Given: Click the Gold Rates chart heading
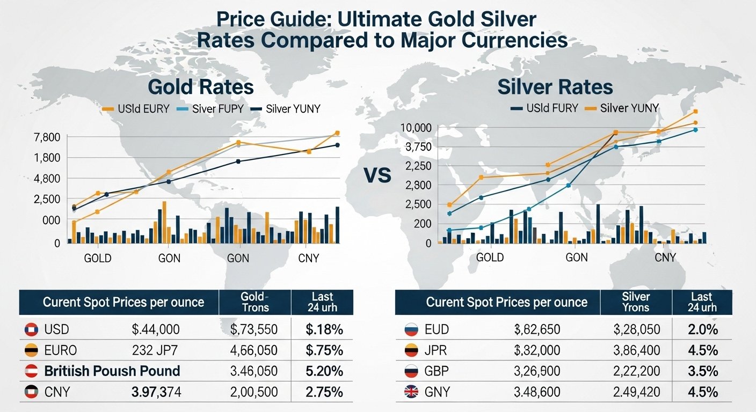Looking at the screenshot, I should tap(200, 87).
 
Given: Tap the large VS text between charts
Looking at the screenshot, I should tap(377, 175).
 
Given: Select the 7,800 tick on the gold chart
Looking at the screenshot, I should tap(47, 137).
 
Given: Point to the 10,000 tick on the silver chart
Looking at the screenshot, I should tap(416, 128).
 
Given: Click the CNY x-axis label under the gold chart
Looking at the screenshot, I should tap(308, 259).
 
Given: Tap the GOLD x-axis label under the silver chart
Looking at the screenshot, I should tap(490, 257).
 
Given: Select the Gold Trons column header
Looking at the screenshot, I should tap(255, 302).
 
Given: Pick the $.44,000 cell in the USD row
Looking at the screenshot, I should tap(156, 329).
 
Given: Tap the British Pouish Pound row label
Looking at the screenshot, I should tap(112, 371).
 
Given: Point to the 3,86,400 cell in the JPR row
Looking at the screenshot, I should tap(636, 351).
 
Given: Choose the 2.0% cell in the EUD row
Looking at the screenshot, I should tap(702, 329).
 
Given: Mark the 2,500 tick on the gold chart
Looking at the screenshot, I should tap(47, 199).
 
